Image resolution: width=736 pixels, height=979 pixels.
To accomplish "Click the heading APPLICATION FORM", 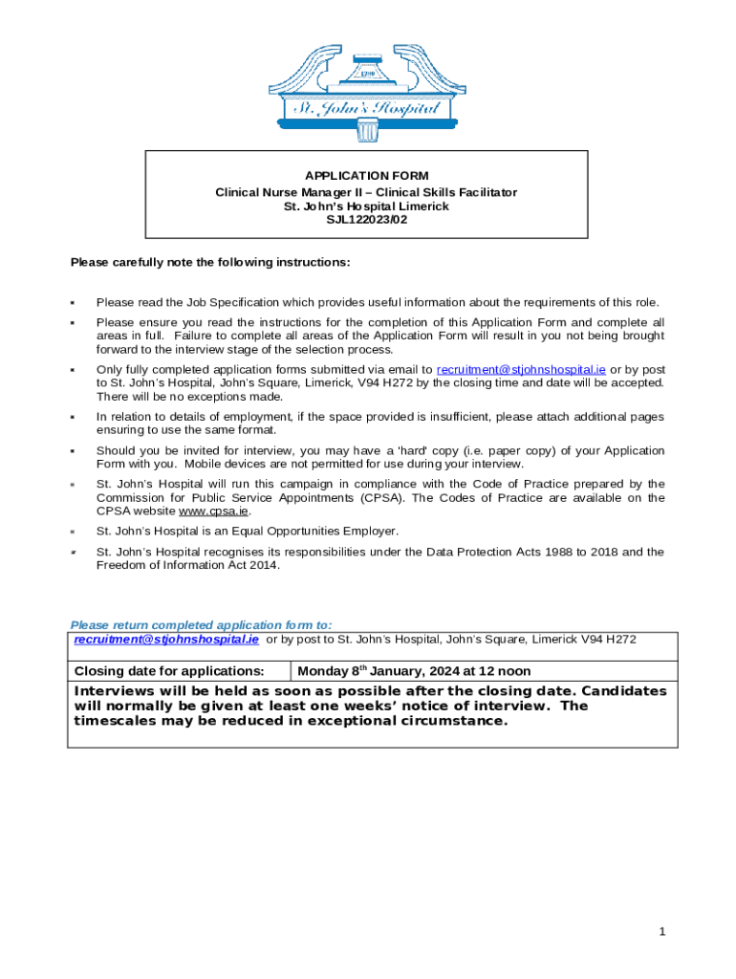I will tap(366, 176).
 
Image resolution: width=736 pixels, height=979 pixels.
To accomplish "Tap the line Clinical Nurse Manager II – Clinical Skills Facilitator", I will tap(366, 192).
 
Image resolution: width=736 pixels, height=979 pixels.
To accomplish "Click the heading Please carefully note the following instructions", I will tap(210, 262).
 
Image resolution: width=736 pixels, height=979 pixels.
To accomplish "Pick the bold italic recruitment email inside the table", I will tap(166, 639).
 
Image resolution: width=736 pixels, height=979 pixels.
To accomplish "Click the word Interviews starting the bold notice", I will tap(113, 691).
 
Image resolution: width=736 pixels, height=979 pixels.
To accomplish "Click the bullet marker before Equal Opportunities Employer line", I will tap(73, 532).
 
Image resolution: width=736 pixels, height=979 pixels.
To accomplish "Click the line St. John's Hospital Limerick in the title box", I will tap(366, 207).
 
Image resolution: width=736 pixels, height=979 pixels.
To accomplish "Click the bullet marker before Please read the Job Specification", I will tap(73, 302).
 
